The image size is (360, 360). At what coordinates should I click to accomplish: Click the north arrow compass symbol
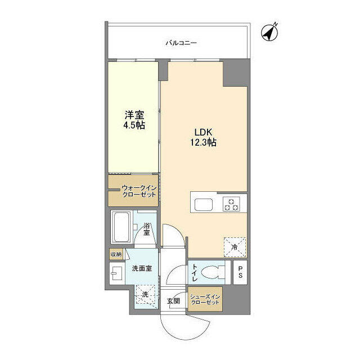271,33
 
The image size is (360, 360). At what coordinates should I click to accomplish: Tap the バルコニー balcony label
181,42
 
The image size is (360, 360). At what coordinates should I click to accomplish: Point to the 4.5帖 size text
134,125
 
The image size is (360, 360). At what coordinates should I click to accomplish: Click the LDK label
203,132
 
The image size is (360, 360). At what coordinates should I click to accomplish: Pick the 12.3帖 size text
204,143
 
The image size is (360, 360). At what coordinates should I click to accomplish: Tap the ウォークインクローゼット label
136,191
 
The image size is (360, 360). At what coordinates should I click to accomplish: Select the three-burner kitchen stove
232,204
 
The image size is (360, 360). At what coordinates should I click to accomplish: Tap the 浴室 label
146,229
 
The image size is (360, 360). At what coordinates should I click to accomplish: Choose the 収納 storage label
116,254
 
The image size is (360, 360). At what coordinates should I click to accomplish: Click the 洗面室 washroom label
141,269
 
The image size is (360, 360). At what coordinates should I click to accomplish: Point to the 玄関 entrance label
173,301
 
